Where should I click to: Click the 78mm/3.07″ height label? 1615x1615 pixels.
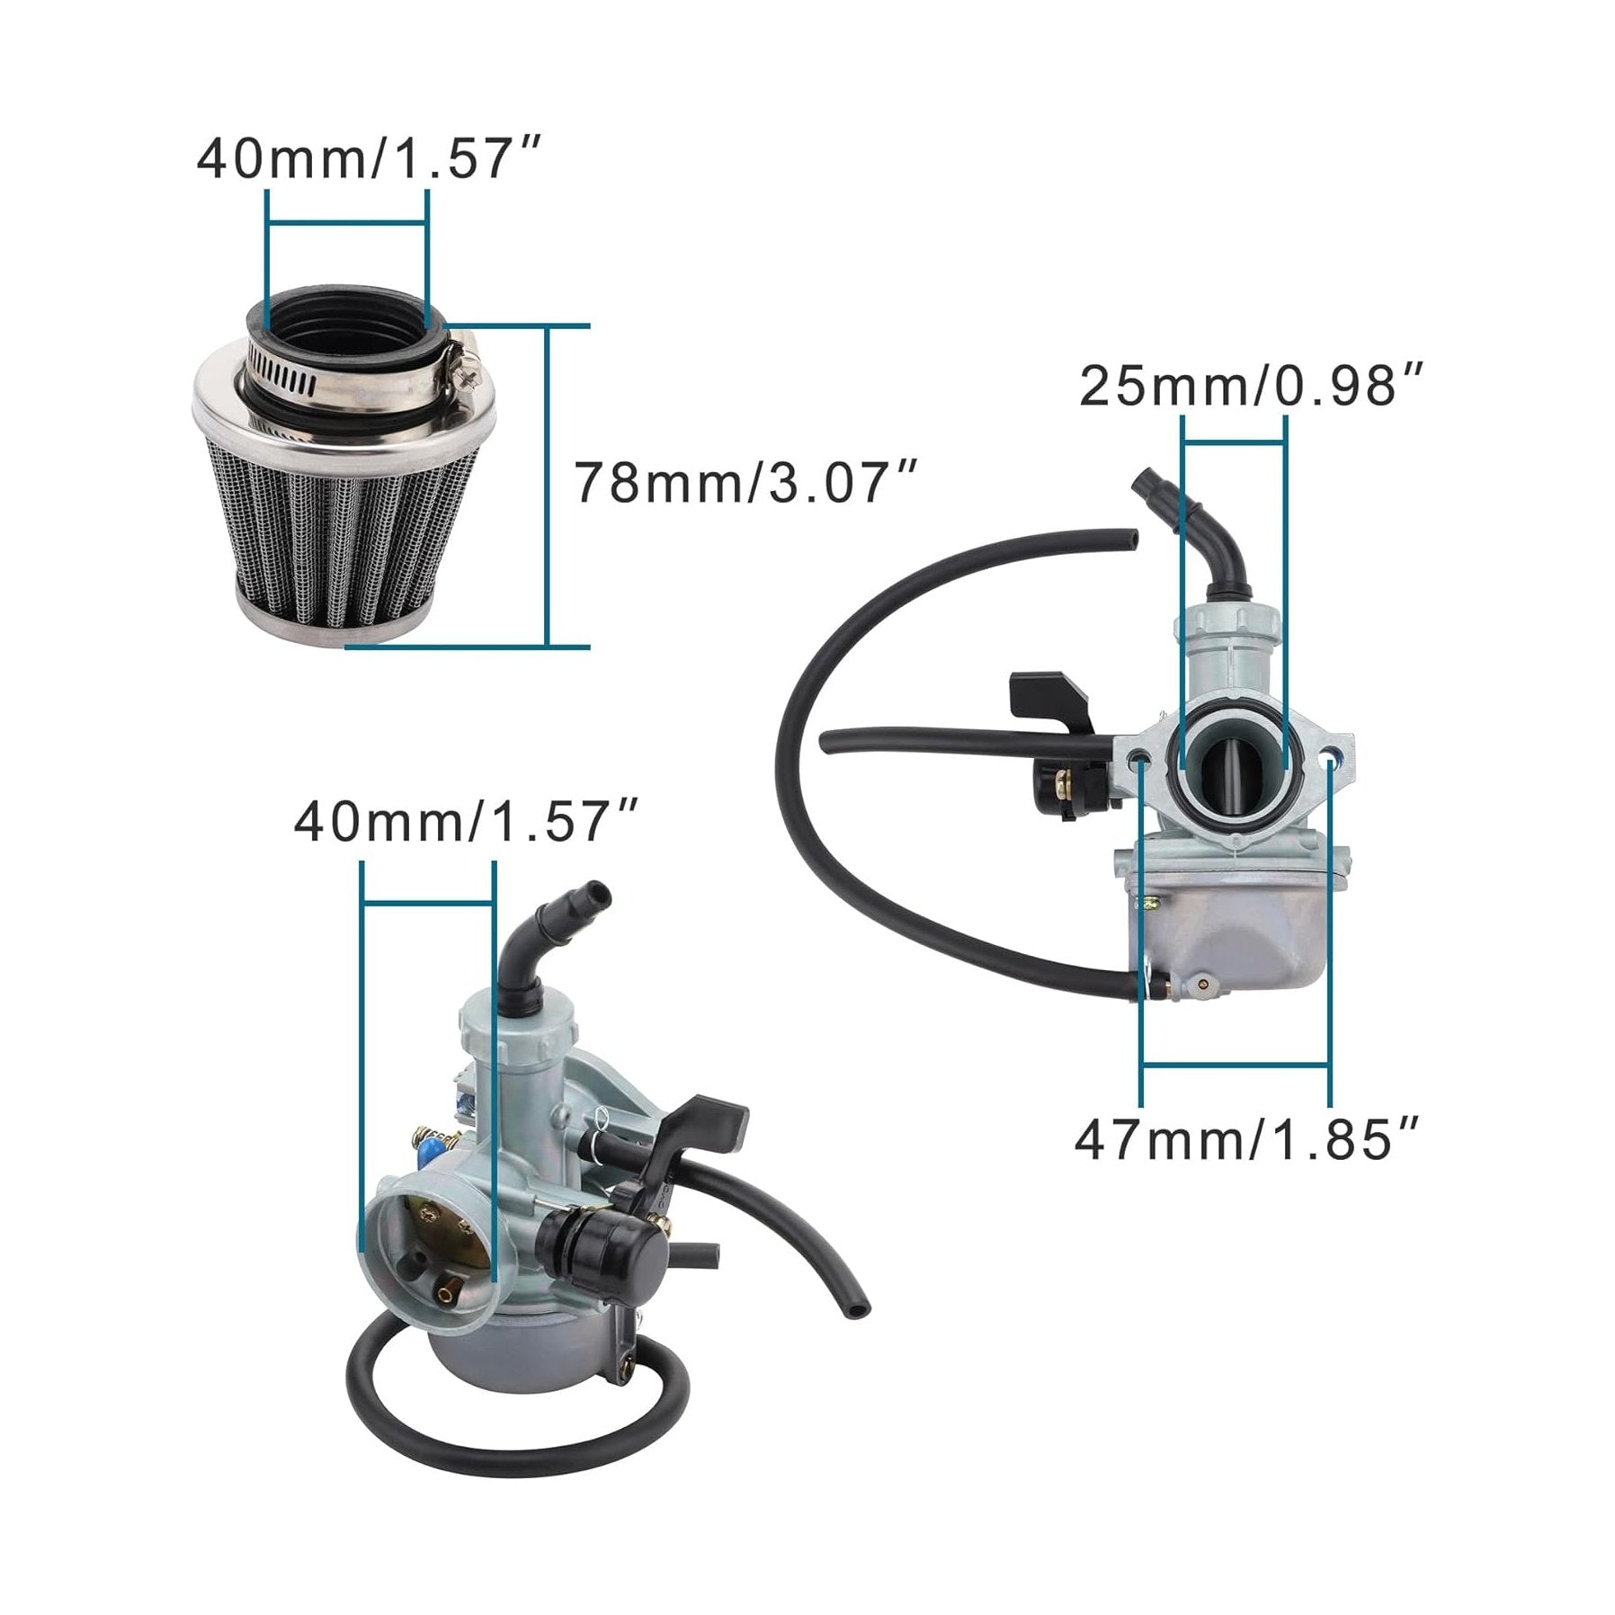click(745, 482)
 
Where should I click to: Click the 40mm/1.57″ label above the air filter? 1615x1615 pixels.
click(370, 159)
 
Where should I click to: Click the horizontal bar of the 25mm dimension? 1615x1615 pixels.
click(1233, 442)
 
